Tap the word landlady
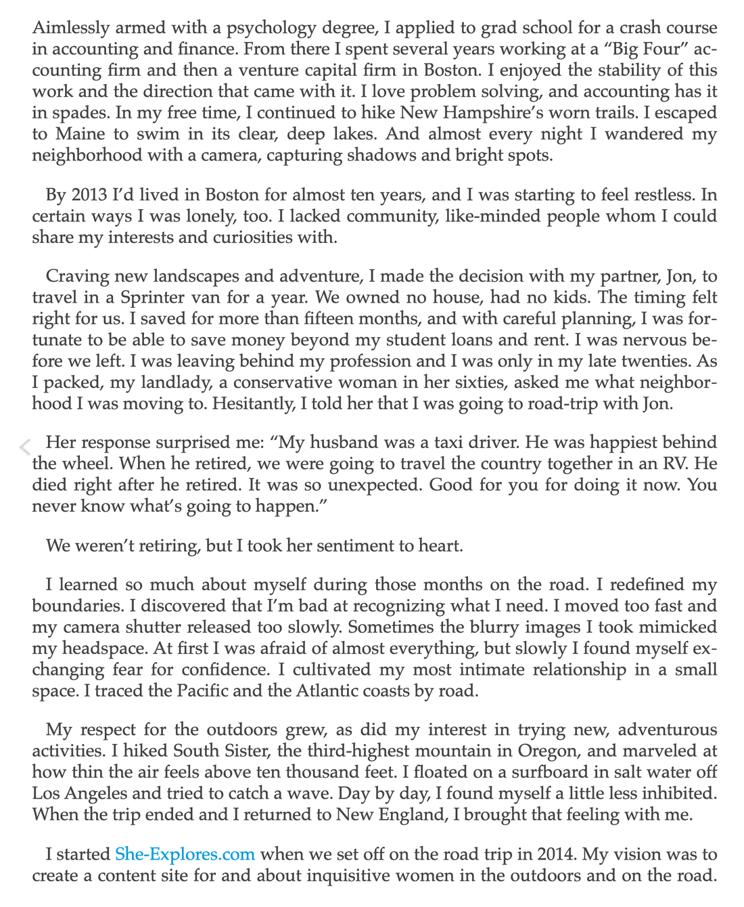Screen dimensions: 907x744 point(173,382)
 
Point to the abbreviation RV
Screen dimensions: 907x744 point(677,464)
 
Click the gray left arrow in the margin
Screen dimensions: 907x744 point(25,446)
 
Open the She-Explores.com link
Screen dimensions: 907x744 point(185,855)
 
